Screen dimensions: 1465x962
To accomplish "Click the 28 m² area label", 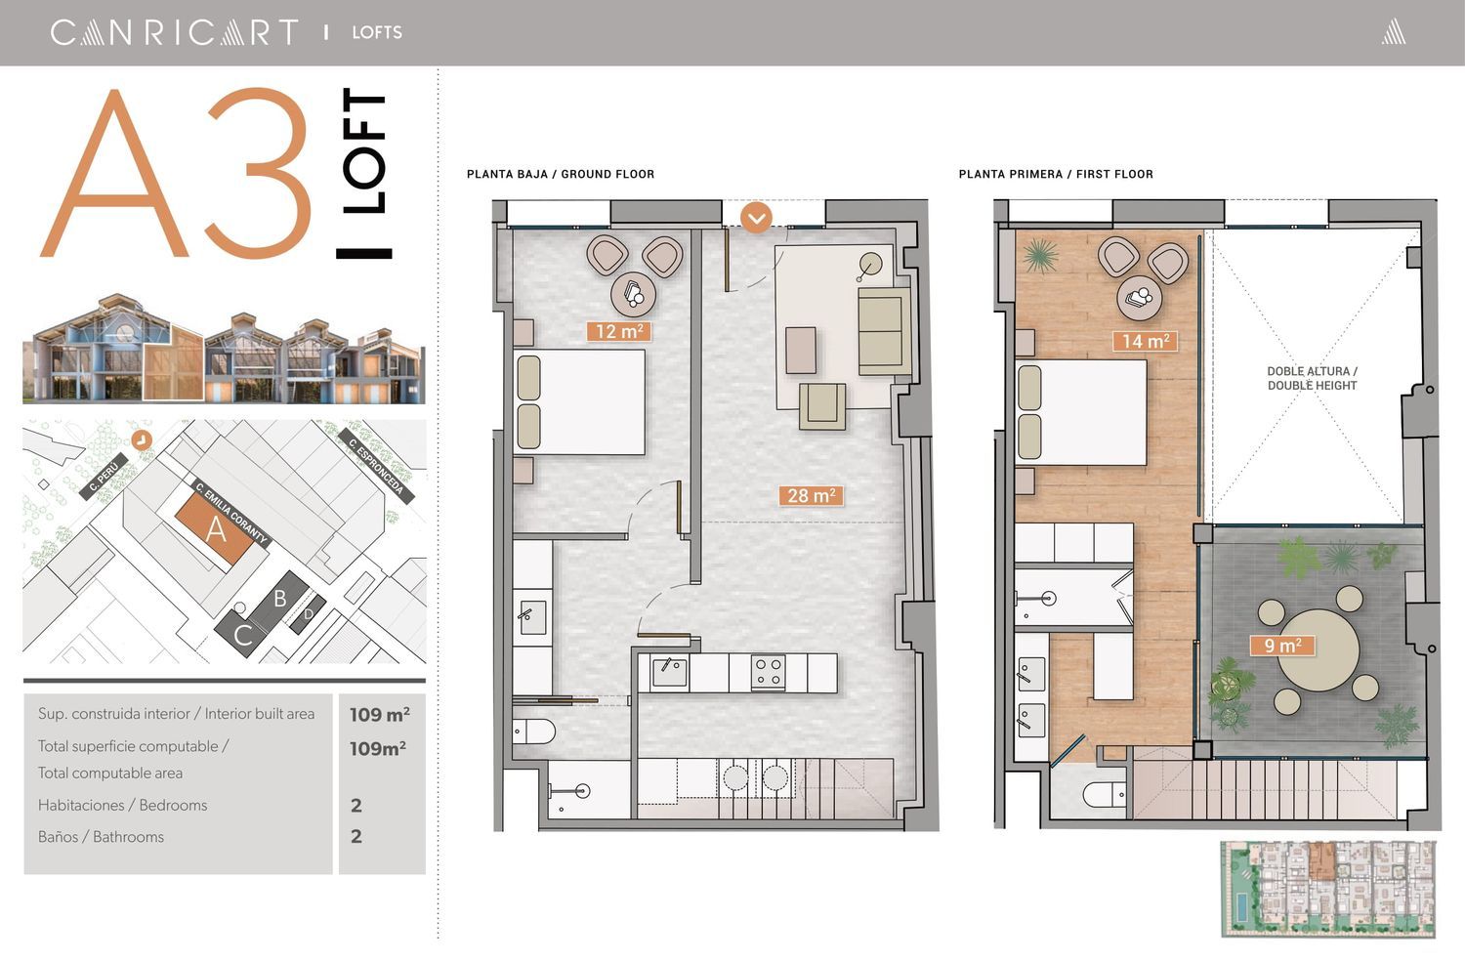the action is coord(811,496).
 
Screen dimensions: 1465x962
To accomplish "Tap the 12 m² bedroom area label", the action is coord(618,331).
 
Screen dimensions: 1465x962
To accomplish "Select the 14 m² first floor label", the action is coord(1146,341).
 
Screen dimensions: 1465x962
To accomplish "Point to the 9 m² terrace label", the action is coord(1282,646).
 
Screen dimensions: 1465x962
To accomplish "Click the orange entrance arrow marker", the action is coord(756,218).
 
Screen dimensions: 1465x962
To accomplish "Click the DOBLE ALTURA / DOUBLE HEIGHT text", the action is coord(1312,379).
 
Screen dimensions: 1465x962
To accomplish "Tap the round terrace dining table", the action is coord(1318,650).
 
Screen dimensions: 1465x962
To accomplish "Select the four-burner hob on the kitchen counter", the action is coord(768,672).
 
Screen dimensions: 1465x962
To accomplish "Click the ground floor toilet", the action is coord(533,732).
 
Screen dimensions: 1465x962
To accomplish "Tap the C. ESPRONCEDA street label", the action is coord(376,466).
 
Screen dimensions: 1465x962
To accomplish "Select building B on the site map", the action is coord(279,599).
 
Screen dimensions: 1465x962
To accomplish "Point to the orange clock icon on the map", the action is coord(142,440).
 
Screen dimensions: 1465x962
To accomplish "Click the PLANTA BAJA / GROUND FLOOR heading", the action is coord(561,174).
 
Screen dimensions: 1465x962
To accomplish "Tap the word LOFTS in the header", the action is coord(377,32).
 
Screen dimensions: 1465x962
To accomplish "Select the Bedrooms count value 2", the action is coord(356,805).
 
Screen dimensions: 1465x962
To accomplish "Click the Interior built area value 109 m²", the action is coord(379,714).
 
